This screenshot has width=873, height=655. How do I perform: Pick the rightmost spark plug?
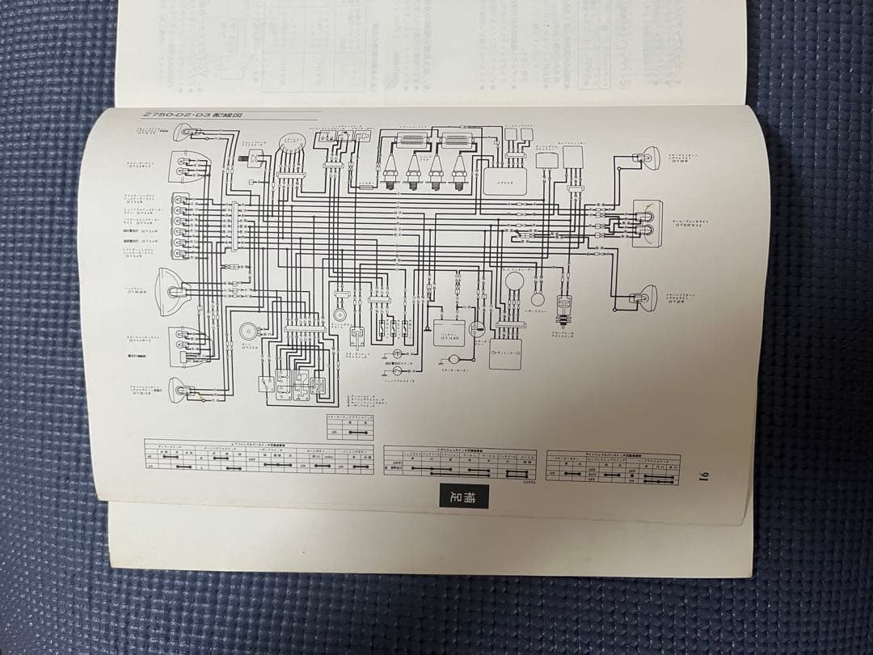(460, 171)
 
